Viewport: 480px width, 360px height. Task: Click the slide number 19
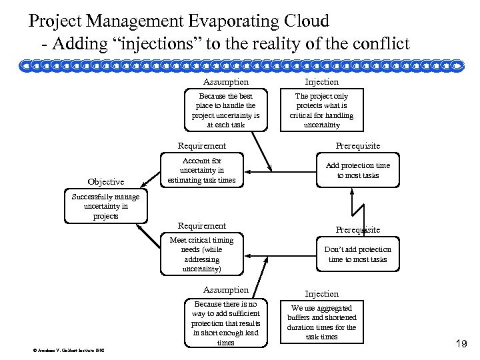(x=459, y=344)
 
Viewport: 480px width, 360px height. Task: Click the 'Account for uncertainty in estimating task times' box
(x=202, y=170)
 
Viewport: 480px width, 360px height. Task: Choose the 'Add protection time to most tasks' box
(x=358, y=171)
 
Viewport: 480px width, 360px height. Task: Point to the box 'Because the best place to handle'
(x=225, y=110)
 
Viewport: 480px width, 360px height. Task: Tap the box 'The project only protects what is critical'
(x=321, y=110)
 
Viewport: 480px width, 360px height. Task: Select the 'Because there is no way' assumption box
(x=226, y=323)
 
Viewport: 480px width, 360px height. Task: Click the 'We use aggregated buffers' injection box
(x=321, y=322)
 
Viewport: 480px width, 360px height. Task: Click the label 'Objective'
(x=105, y=182)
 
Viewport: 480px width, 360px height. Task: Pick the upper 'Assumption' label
(x=226, y=82)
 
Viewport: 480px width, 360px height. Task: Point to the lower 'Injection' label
(x=321, y=293)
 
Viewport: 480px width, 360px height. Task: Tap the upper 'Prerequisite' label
(x=358, y=146)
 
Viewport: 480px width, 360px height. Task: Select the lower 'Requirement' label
(x=201, y=226)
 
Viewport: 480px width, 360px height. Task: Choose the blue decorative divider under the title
(x=240, y=65)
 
